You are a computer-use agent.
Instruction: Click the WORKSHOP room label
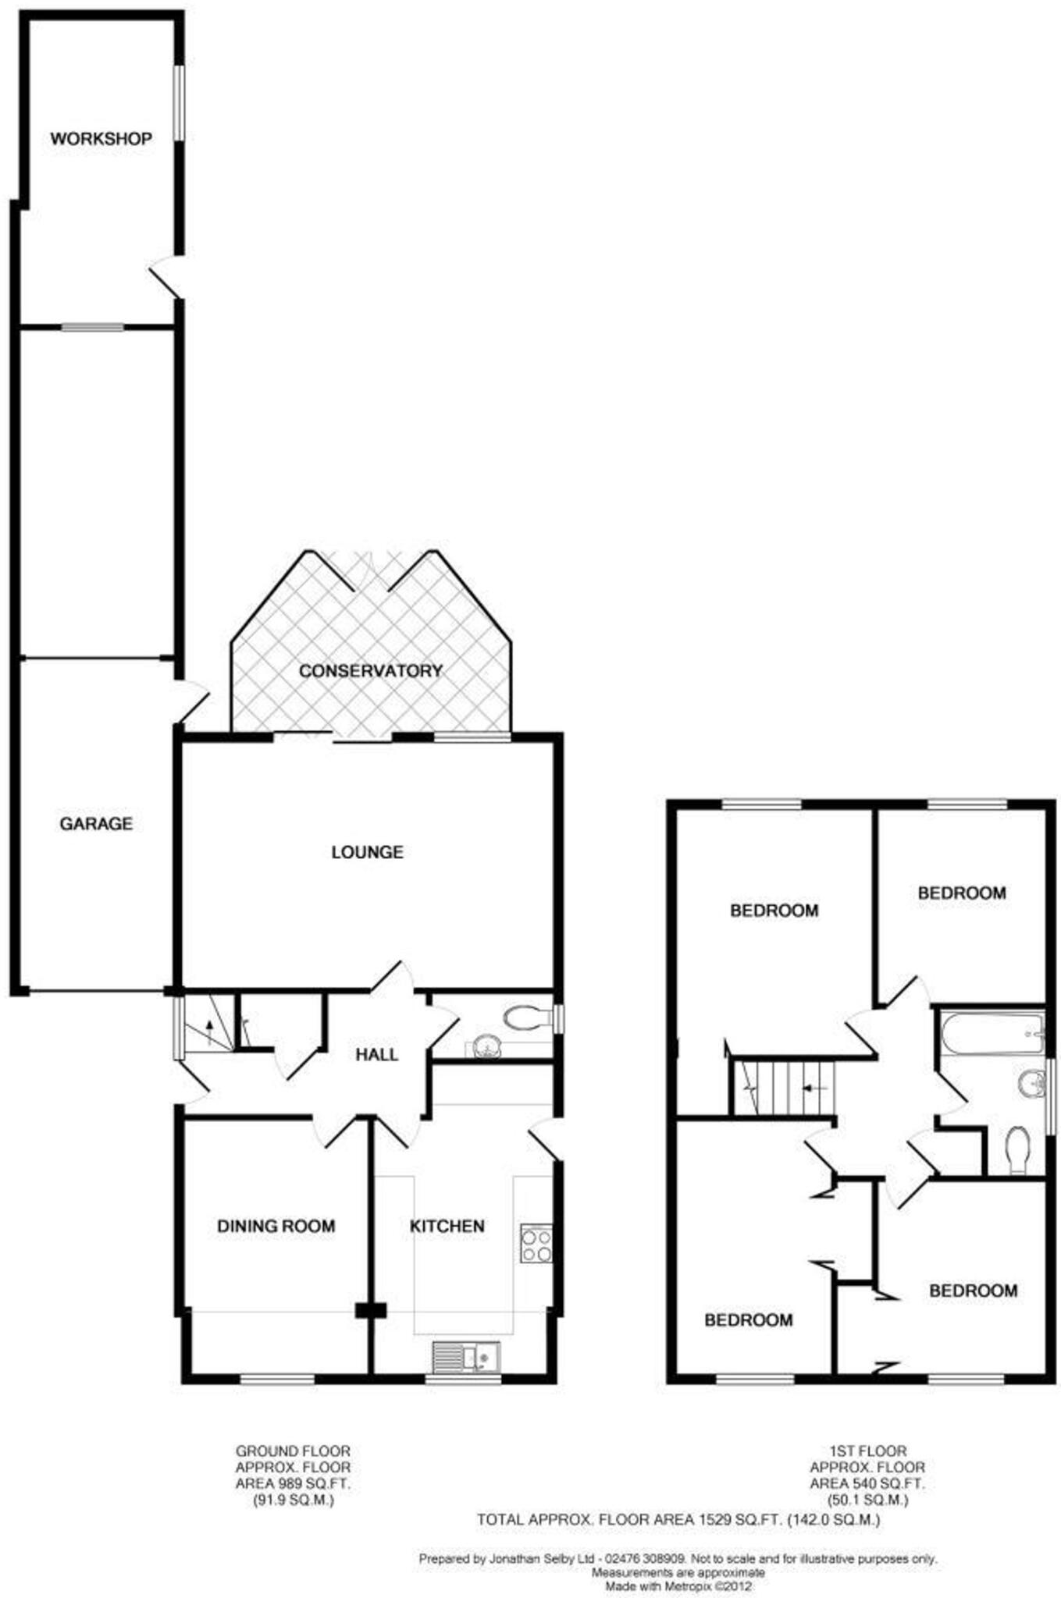[101, 139]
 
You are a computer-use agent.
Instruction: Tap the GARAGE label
[96, 823]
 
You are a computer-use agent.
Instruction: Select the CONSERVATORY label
[370, 671]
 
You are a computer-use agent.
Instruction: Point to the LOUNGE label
[367, 852]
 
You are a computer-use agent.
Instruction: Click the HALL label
[376, 1055]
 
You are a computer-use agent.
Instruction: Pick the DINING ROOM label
[276, 1227]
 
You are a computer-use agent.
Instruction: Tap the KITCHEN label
[447, 1227]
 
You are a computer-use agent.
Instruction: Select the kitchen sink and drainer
[466, 1358]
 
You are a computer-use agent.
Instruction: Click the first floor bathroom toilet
[1017, 1149]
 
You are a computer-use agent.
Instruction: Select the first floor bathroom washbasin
[1032, 1083]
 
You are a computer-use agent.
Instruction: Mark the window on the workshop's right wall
[179, 103]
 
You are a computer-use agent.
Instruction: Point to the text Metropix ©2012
[708, 1586]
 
